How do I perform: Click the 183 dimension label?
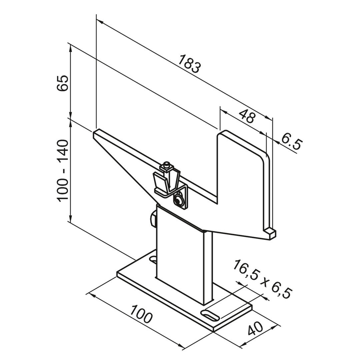190,64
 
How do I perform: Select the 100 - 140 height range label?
62,171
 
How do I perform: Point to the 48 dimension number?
247,116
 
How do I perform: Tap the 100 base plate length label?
141,314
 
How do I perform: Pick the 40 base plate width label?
255,328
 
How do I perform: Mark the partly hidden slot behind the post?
153,260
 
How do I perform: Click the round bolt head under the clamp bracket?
178,200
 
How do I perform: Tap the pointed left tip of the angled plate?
94,134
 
